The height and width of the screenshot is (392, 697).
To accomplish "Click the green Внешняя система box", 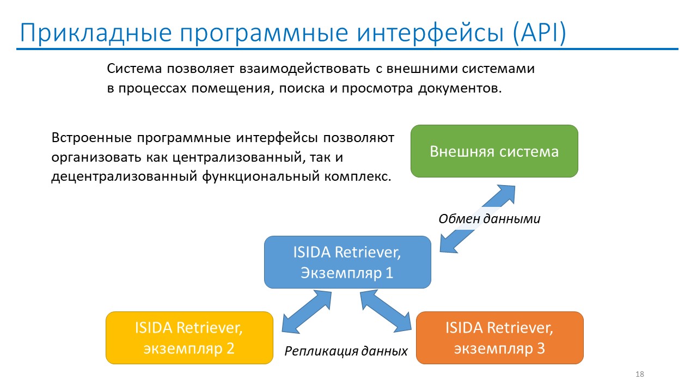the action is click(494, 151).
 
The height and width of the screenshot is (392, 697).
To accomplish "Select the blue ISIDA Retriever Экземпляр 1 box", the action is click(347, 262).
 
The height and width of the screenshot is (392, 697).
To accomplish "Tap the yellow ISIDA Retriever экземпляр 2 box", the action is click(189, 338).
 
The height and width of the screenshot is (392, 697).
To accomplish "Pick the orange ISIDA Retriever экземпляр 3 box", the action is click(500, 338).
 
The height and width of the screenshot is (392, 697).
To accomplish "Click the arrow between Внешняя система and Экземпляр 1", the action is click(478, 219).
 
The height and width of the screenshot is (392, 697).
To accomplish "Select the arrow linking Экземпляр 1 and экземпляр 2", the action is click(307, 311).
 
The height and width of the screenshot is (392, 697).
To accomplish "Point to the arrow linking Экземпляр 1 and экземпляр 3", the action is click(386, 311).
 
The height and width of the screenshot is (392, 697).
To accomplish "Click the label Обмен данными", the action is click(490, 219).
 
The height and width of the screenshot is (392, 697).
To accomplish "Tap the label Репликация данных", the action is click(346, 351).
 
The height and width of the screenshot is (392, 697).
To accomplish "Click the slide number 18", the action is click(640, 374).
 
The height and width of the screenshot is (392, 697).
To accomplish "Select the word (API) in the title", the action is click(539, 33).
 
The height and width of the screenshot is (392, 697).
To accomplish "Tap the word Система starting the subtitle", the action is click(134, 69).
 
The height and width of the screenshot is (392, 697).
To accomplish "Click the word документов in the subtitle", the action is click(460, 89).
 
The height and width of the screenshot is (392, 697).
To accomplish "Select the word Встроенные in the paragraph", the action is click(92, 138).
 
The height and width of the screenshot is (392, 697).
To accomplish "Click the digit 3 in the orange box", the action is click(541, 348).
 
